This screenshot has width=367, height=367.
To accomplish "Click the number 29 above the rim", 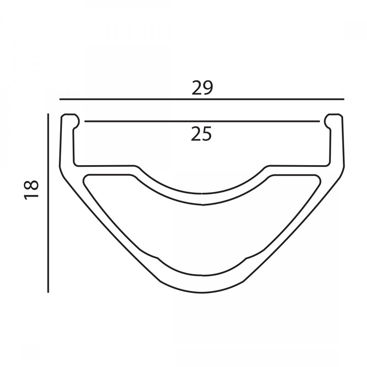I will click(x=202, y=88).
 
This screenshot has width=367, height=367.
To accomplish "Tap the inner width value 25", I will click(x=202, y=134).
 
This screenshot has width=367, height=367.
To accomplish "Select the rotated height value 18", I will click(x=32, y=189).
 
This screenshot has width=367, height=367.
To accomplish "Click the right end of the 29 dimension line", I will click(x=343, y=99).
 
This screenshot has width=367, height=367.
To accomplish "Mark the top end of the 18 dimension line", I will click(x=48, y=114).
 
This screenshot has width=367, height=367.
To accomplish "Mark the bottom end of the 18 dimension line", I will click(x=48, y=292).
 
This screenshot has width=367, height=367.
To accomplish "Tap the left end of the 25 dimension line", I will click(x=85, y=122).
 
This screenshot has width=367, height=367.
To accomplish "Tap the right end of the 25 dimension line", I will click(x=319, y=122).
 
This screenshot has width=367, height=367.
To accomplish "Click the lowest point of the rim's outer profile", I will click(x=202, y=292).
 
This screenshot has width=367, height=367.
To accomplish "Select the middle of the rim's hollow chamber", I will click(x=202, y=234).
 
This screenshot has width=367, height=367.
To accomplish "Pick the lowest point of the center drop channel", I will click(x=202, y=193).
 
